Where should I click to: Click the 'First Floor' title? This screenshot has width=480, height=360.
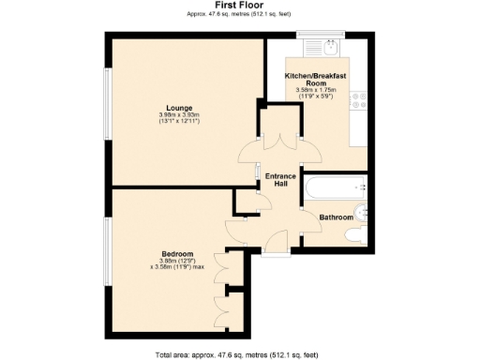tap(239, 5)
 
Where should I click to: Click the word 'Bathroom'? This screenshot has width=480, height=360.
tap(336, 217)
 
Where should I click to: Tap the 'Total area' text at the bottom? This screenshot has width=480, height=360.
tap(239, 353)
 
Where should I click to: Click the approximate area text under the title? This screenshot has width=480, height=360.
tap(239, 14)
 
